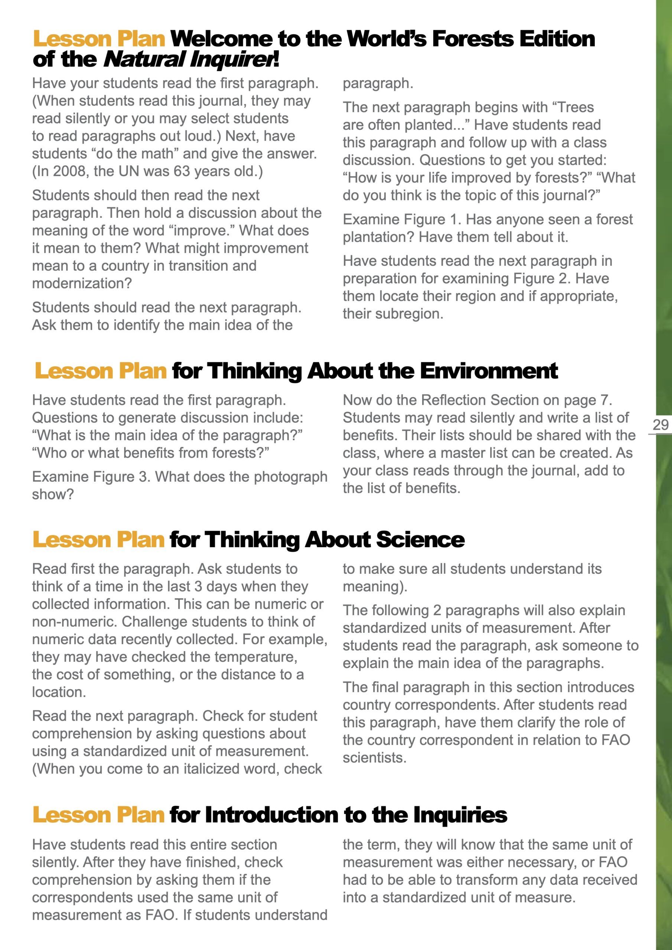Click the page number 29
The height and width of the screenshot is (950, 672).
[660, 425]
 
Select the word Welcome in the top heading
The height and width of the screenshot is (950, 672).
[222, 39]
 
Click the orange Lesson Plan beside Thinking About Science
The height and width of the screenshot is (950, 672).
[98, 540]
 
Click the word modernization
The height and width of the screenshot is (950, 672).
[82, 284]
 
